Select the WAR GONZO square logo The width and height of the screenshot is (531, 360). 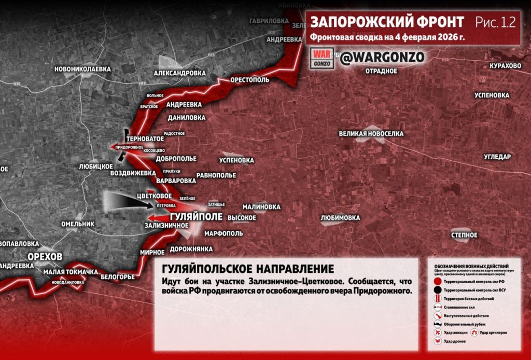[x=322, y=58]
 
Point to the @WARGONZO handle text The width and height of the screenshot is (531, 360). [x=382, y=57]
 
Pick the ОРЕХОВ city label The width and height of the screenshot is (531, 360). [x=45, y=257]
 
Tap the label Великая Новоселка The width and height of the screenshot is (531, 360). [x=371, y=134]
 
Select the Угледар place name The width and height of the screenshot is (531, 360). [x=497, y=157]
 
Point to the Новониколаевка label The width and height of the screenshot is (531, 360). [x=82, y=68]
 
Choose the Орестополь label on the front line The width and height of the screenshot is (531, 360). [x=250, y=80]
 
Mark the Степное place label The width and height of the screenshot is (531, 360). [x=464, y=235]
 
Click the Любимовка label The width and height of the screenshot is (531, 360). [x=340, y=218]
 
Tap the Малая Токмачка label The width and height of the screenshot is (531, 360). [x=71, y=272]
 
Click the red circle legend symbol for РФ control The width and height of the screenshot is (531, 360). [x=438, y=281]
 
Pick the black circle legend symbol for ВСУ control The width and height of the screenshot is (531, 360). [x=438, y=289]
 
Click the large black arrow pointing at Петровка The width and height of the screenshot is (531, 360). [x=127, y=202]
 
